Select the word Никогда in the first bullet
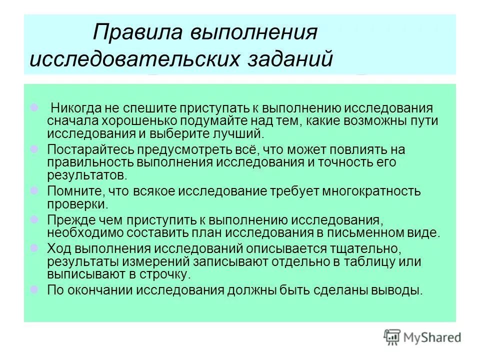(x=75, y=109)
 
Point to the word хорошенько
(x=141, y=121)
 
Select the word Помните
(x=75, y=191)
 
